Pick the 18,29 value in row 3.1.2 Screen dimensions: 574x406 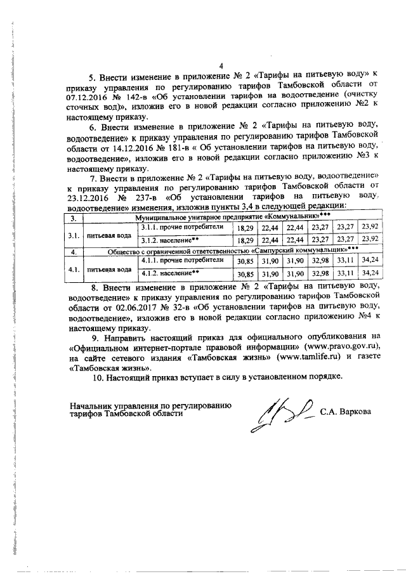pos(244,239)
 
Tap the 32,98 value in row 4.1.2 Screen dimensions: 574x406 pos(319,273)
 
